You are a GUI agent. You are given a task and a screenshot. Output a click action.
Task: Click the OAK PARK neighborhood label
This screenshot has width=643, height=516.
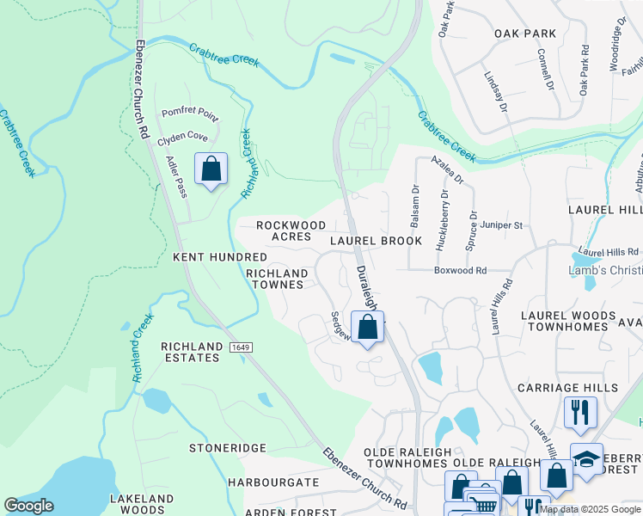[x=524, y=34]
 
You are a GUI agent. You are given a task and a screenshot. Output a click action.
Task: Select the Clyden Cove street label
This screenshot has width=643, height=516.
[x=182, y=137]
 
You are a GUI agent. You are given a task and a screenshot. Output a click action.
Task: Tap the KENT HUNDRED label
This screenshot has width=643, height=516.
[x=220, y=257]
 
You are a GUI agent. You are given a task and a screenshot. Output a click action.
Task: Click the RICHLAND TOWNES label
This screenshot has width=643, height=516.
[x=277, y=279]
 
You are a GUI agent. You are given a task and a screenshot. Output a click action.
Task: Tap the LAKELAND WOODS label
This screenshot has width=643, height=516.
[x=142, y=504]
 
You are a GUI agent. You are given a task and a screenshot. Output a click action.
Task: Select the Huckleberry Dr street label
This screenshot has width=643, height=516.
[x=444, y=225]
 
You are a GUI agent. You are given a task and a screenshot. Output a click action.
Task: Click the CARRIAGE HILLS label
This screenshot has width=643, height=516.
[x=567, y=388]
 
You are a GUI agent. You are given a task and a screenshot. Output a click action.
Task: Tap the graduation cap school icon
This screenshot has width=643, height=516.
[x=586, y=458]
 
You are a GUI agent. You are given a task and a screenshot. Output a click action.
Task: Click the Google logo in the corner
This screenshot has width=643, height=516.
[x=28, y=506]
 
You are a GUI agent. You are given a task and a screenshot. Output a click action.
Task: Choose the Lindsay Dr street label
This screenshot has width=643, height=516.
[x=496, y=94]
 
